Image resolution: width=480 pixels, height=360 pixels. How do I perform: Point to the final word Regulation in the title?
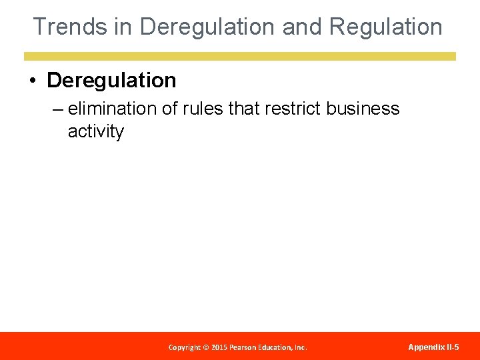click(x=386, y=27)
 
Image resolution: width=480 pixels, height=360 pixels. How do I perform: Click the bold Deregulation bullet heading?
click(x=111, y=81)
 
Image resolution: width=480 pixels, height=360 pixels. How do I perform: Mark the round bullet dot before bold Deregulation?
click(x=32, y=81)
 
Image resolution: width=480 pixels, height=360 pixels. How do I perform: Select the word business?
click(x=363, y=109)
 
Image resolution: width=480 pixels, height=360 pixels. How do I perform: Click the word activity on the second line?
click(x=95, y=131)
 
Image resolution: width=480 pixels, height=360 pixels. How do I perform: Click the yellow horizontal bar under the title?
click(x=240, y=57)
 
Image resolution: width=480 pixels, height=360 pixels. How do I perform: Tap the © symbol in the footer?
click(x=207, y=347)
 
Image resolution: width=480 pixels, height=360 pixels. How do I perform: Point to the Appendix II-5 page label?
click(x=433, y=347)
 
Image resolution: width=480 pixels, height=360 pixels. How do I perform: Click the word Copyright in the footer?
click(x=185, y=347)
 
